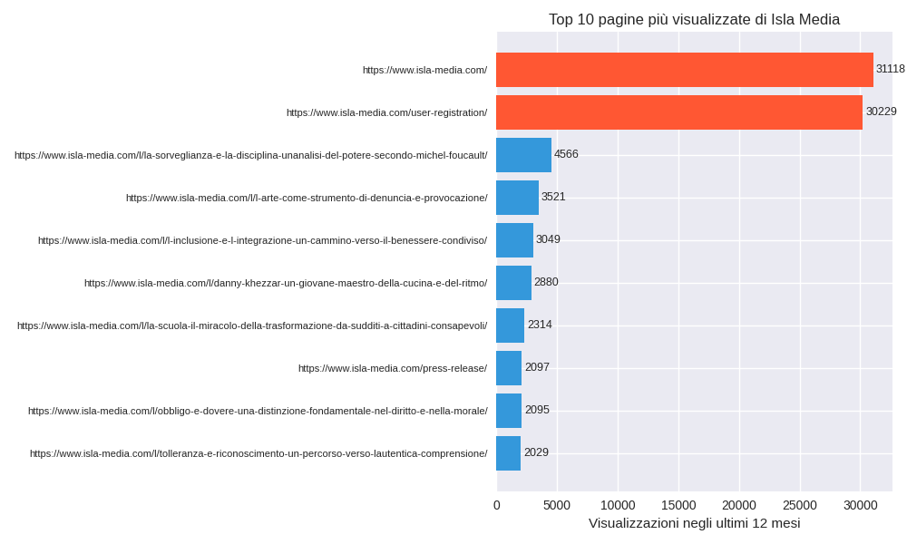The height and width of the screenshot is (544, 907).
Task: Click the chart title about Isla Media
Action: tap(694, 19)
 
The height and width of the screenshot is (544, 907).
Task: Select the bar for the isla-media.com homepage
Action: tap(685, 70)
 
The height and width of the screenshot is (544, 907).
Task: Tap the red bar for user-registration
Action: tap(679, 112)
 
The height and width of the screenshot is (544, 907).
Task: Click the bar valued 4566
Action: tap(523, 155)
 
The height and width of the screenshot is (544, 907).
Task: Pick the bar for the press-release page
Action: tap(509, 368)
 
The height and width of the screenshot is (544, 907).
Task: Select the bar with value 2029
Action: tap(508, 453)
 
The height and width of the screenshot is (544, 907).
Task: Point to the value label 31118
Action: tap(890, 69)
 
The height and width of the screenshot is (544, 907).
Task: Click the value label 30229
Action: tap(881, 112)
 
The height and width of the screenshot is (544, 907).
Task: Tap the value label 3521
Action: tap(553, 197)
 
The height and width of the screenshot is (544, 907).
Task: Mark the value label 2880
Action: tap(546, 282)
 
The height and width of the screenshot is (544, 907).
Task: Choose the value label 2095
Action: tap(537, 410)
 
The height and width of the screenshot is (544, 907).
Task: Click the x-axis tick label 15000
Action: tap(678, 505)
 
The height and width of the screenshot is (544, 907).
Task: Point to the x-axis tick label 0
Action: tap(496, 505)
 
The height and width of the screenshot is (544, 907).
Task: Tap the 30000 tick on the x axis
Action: tap(860, 505)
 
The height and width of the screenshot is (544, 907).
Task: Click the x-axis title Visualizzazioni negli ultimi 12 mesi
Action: tap(694, 523)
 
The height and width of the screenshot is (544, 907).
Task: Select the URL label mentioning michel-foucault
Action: tap(250, 155)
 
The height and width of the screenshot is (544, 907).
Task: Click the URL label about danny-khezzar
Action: tap(286, 283)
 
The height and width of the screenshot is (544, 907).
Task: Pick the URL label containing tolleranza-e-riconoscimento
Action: tap(258, 453)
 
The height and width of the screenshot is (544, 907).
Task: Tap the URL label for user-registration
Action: tap(386, 112)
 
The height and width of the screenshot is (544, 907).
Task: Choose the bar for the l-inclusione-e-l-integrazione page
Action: tap(514, 240)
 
